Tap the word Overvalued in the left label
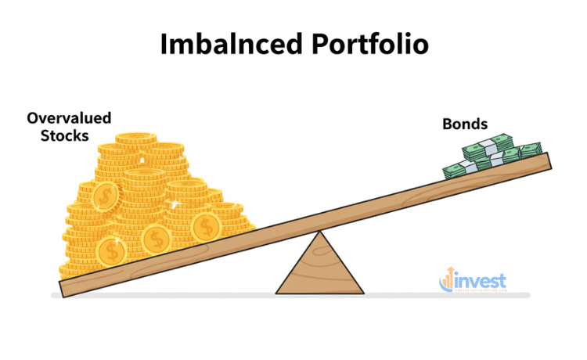click(69, 119)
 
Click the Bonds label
click(466, 124)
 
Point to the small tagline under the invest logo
click(474, 291)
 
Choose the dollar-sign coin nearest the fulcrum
click(207, 227)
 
